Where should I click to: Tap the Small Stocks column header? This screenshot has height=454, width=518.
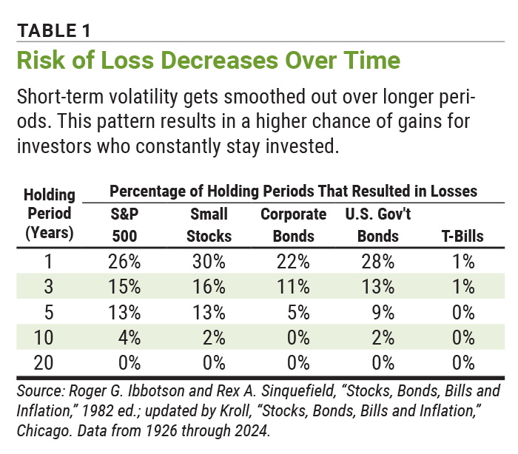[x=209, y=226]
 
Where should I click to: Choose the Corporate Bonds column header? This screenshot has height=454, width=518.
[x=294, y=226]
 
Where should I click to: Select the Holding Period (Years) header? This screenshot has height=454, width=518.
[x=50, y=215]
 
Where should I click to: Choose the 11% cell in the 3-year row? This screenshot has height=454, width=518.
[x=294, y=286]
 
